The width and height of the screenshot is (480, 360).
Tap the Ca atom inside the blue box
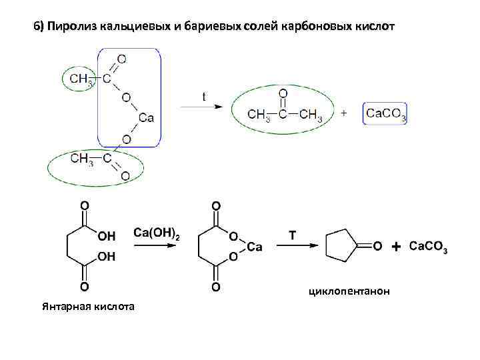click(146, 118)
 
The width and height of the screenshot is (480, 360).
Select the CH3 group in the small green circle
click(79, 79)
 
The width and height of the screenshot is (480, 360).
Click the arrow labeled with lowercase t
click(202, 107)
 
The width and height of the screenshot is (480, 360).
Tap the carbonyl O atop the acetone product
click(283, 93)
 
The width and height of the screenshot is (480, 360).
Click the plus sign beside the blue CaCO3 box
click(344, 114)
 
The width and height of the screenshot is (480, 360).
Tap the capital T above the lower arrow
click(292, 235)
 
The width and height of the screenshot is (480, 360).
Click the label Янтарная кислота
click(87, 306)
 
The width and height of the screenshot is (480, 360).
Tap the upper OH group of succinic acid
click(106, 237)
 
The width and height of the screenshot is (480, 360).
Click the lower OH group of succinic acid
click(106, 256)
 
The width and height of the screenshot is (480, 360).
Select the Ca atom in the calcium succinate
click(254, 247)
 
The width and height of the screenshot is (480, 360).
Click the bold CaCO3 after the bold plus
click(427, 247)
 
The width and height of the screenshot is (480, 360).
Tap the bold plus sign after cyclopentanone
click(396, 247)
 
